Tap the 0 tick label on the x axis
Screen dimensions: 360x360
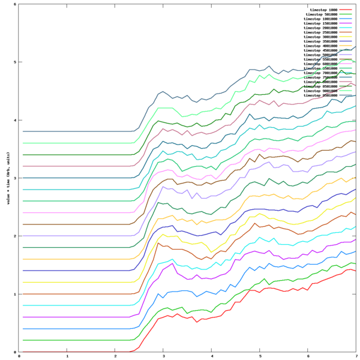pyautogui.click(x=20, y=356)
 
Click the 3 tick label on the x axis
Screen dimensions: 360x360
pyautogui.click(x=164, y=356)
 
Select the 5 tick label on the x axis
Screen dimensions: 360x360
pyautogui.click(x=260, y=356)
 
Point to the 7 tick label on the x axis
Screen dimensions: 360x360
pyautogui.click(x=356, y=356)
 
